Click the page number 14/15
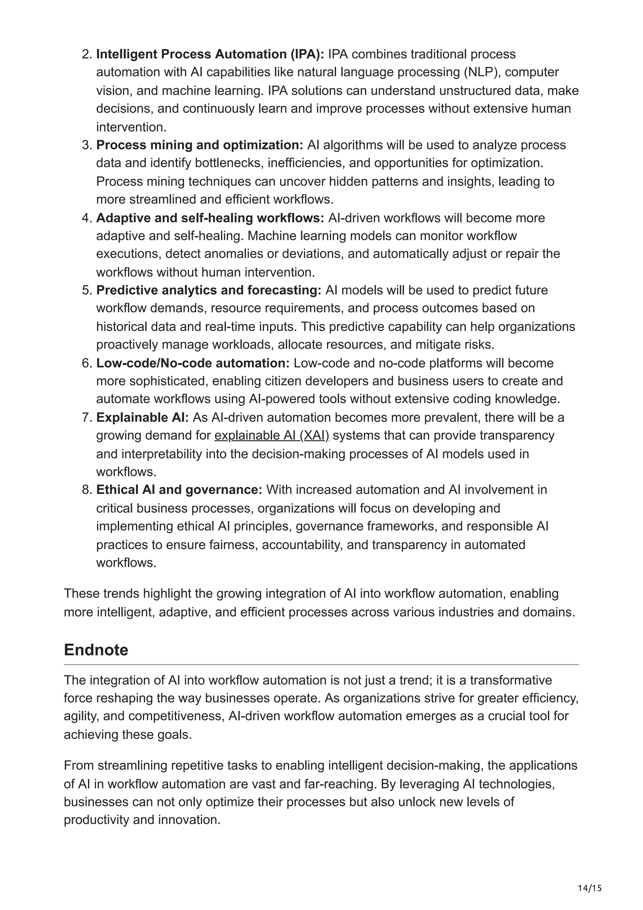click(590, 888)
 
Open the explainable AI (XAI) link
click(272, 436)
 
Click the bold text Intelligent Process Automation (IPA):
click(210, 54)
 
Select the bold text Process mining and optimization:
click(200, 145)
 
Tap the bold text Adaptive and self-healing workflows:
click(210, 218)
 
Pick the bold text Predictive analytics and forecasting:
click(209, 290)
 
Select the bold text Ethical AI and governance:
click(179, 490)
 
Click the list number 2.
click(87, 54)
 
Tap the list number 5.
click(87, 290)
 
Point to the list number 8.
click(87, 490)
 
